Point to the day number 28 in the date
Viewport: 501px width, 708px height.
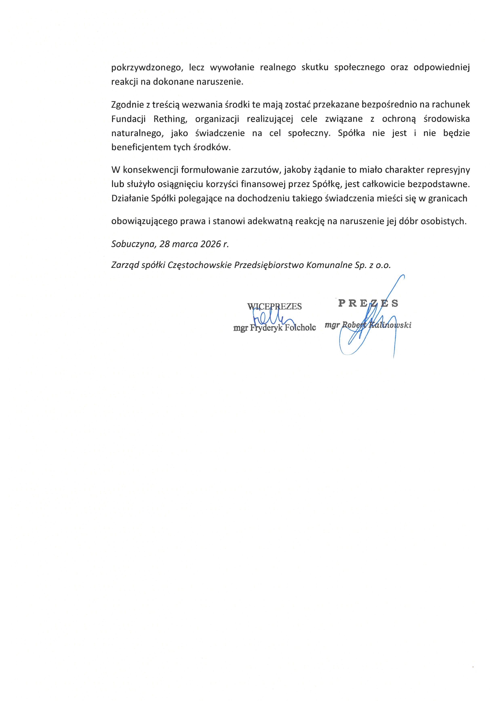click(x=165, y=244)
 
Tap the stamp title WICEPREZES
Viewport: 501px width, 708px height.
click(x=274, y=306)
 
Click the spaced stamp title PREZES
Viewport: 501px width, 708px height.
click(x=368, y=303)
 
